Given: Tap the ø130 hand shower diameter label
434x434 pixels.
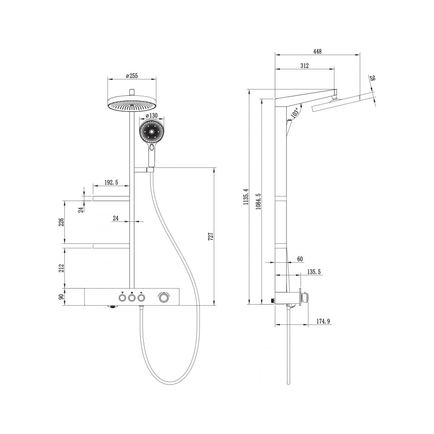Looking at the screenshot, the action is click(x=152, y=116).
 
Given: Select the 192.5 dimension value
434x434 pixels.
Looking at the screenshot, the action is click(x=111, y=183).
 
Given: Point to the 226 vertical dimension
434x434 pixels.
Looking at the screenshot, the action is click(x=61, y=223).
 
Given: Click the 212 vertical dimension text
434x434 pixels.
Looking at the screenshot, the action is click(x=61, y=268).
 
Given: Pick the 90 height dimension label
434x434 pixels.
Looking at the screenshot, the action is click(x=61, y=297).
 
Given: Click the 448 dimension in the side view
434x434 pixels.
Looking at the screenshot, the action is click(x=317, y=51).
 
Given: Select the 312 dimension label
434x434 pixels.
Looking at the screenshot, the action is click(x=304, y=66).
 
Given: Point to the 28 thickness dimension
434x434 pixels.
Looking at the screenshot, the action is click(x=373, y=78).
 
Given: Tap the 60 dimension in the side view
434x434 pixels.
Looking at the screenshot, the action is click(x=299, y=259).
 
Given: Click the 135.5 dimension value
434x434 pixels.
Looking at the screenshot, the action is click(x=314, y=272).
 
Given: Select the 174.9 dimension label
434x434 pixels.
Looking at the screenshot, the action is click(x=323, y=322).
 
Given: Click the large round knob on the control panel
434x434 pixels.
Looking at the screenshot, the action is click(x=164, y=298).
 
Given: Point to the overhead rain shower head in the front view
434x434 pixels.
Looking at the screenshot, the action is click(x=132, y=104).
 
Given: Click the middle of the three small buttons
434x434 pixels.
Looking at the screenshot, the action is click(x=132, y=298).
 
